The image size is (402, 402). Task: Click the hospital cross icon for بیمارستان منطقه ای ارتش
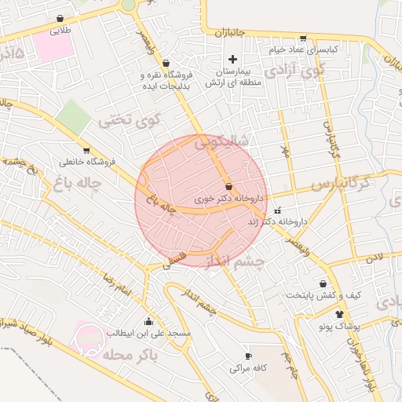click(x=232, y=59)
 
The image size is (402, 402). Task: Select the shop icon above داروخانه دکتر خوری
click(x=228, y=187)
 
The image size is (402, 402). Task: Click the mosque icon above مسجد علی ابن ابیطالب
click(x=149, y=321)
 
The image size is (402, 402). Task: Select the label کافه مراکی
click(x=250, y=367)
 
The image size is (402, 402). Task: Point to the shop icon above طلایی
click(x=60, y=19)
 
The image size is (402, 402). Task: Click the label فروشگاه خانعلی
click(x=86, y=163)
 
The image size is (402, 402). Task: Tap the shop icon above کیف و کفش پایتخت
click(x=323, y=283)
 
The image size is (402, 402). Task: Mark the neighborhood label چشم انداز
click(x=236, y=259)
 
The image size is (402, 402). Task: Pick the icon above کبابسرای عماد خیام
click(x=303, y=38)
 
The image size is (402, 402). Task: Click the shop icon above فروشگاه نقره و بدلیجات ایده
click(x=166, y=64)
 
